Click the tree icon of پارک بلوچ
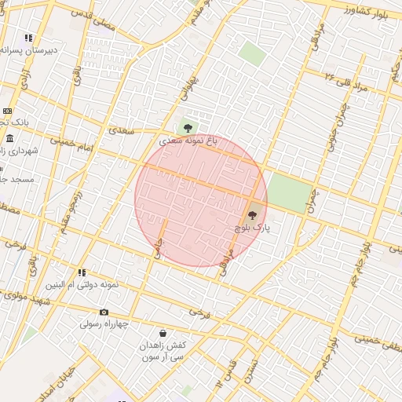coord(252,214)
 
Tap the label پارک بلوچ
coord(252,227)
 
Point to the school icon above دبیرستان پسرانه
coord(29,38)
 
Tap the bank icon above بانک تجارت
coord(7,111)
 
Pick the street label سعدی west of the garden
coord(123,131)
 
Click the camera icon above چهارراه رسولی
coord(104,312)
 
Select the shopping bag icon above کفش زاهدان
coord(163,333)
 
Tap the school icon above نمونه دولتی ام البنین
coord(82,273)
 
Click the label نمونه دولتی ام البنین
coord(82,285)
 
